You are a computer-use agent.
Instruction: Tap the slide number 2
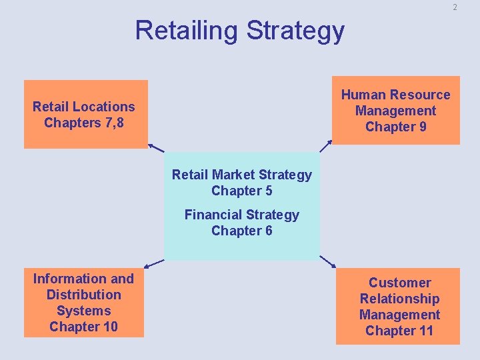click(x=455, y=7)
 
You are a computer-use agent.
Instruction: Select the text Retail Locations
click(x=83, y=107)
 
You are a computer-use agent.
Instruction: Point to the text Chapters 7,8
click(x=83, y=123)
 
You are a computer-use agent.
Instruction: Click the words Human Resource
click(x=395, y=95)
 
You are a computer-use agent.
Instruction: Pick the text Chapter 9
click(x=395, y=127)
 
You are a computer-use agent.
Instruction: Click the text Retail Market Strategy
click(x=241, y=175)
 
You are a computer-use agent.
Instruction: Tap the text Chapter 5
click(x=241, y=191)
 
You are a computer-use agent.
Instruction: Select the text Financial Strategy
click(x=241, y=215)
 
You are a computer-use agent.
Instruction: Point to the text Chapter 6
click(x=241, y=231)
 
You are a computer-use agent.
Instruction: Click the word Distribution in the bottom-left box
click(x=83, y=295)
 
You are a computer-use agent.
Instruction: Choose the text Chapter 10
click(x=83, y=327)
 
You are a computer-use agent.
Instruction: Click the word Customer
click(x=399, y=283)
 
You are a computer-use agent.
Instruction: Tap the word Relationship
click(x=399, y=299)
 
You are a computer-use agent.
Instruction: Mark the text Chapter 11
click(x=399, y=331)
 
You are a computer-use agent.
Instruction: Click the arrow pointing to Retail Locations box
click(x=156, y=148)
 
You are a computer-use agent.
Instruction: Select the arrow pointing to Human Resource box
click(x=325, y=147)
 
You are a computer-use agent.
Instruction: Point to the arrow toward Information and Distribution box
click(x=154, y=263)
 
